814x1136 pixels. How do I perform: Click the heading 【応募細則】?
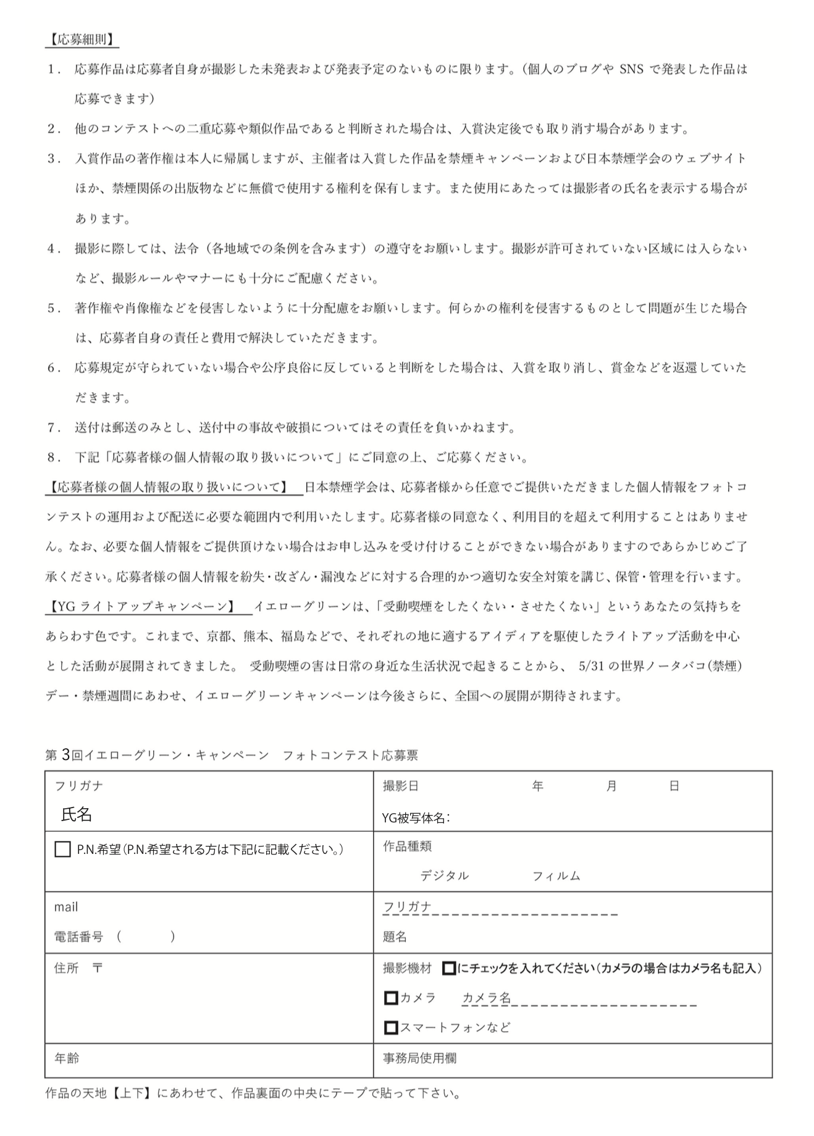tap(82, 40)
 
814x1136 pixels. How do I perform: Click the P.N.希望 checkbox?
tap(62, 850)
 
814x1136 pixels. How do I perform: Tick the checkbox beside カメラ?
tap(390, 998)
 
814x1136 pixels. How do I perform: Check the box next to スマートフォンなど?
tap(390, 1028)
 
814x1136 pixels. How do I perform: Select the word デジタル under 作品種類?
tap(444, 876)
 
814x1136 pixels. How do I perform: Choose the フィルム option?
tap(556, 876)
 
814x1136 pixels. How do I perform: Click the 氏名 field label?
tap(77, 815)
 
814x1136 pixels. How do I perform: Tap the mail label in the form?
tap(66, 907)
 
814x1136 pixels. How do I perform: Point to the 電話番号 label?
tap(78, 937)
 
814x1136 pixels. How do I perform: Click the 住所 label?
tap(67, 968)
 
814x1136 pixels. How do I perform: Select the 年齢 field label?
tap(67, 1058)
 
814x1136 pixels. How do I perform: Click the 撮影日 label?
tap(400, 786)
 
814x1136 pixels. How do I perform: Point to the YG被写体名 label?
tap(415, 818)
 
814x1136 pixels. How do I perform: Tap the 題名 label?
tap(395, 937)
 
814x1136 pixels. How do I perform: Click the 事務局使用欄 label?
tap(419, 1058)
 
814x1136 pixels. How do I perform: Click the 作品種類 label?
tap(407, 846)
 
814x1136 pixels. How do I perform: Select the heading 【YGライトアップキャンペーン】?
tap(141, 607)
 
